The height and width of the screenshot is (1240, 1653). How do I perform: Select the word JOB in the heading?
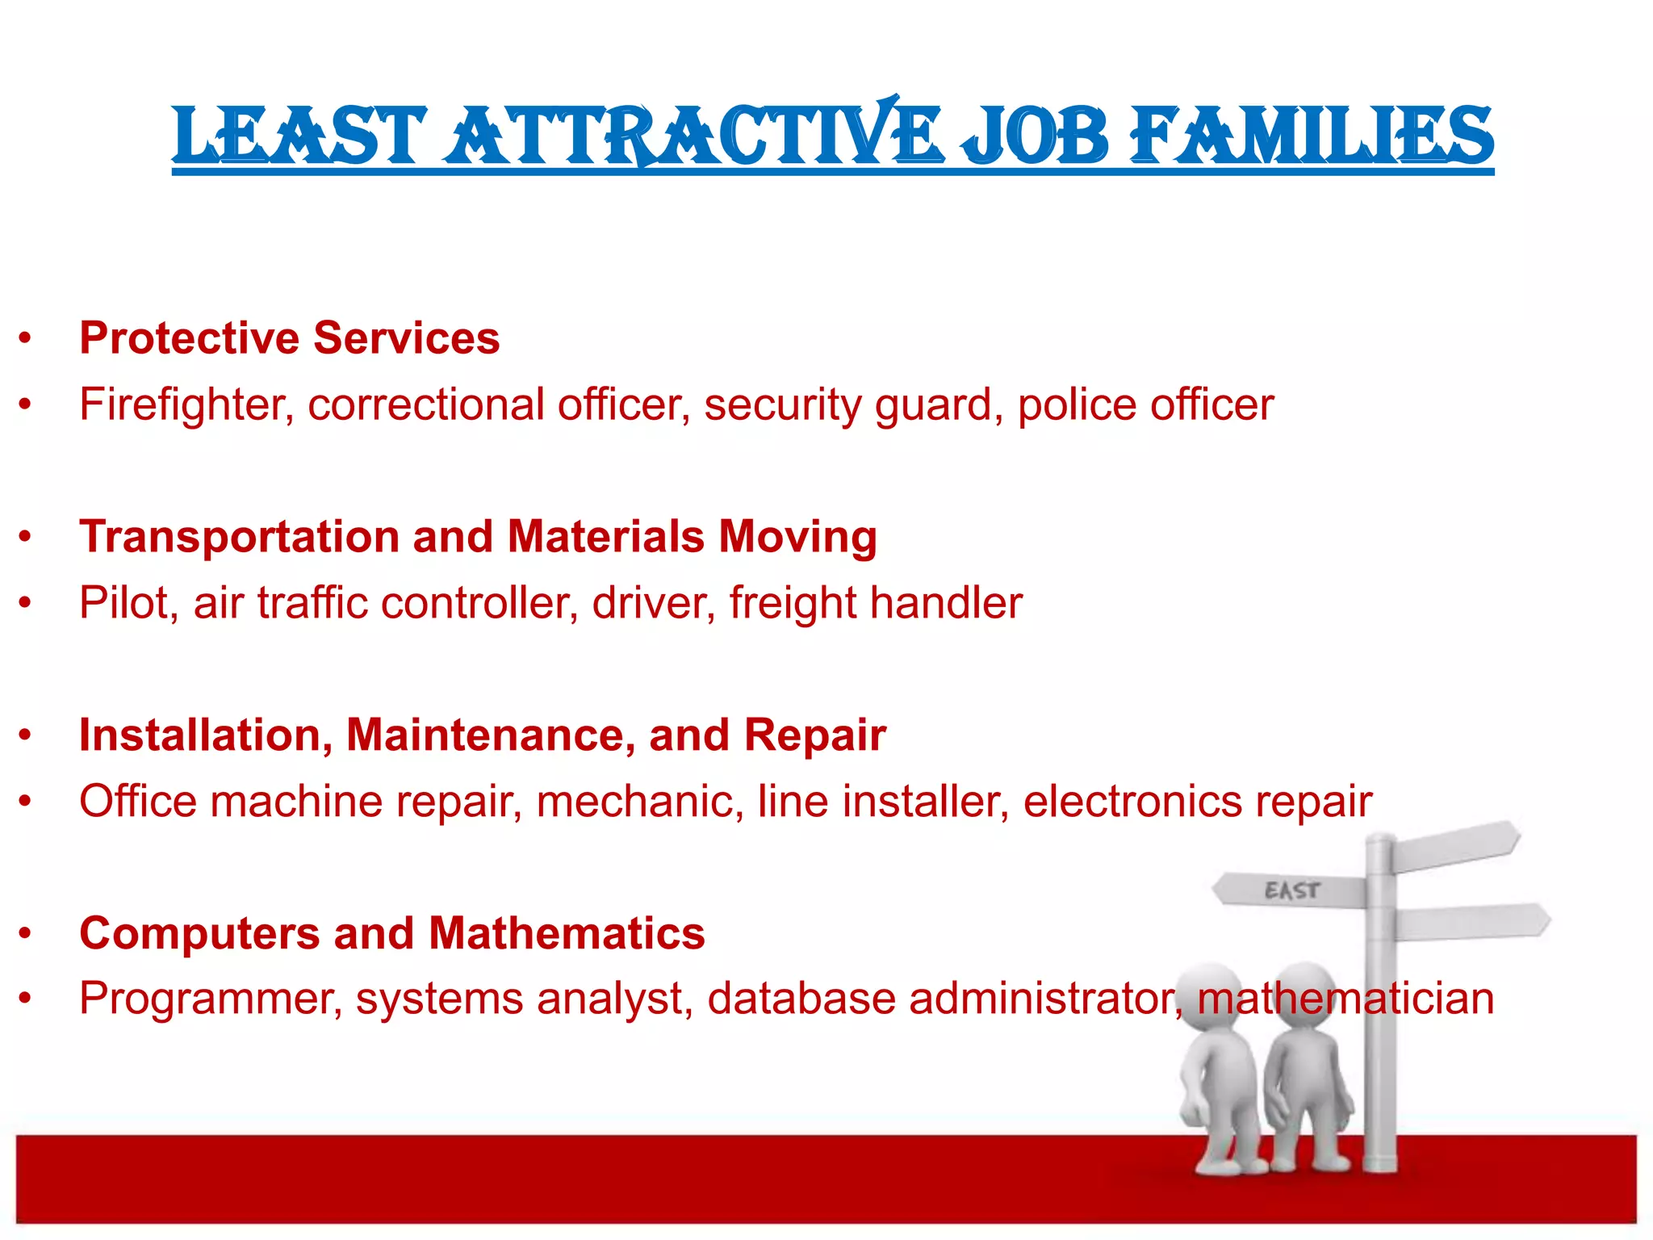tap(1035, 136)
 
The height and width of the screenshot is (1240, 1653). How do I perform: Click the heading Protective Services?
tap(289, 337)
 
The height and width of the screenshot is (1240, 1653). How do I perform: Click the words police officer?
tap(1145, 404)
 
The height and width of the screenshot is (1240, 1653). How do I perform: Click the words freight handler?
tap(876, 603)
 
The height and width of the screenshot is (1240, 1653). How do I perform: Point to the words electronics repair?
tap(1198, 802)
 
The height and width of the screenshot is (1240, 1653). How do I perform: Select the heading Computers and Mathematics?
tap(392, 933)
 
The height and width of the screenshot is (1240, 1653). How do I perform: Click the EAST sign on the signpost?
tap(1291, 890)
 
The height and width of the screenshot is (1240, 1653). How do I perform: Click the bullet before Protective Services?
tap(26, 338)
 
